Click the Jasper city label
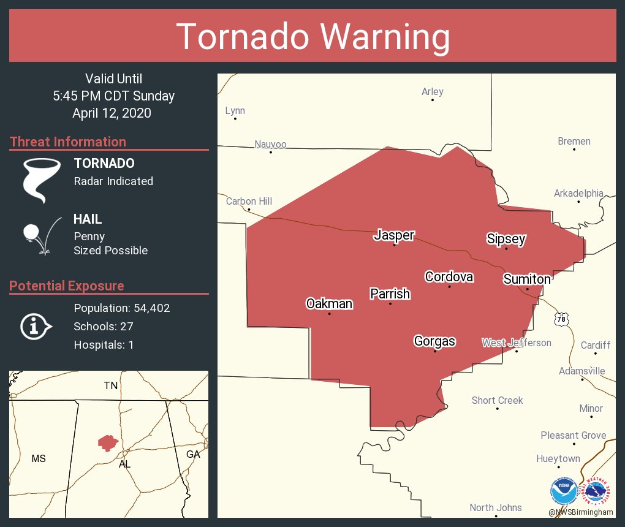[x=394, y=235]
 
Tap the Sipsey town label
[x=506, y=239]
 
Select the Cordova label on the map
[x=449, y=277]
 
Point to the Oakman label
[x=329, y=304]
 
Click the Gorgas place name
[x=434, y=341]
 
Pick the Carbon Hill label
[x=249, y=201]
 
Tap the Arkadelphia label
[x=578, y=194]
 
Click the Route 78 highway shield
[x=561, y=319]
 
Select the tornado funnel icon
[x=42, y=180]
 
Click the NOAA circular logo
[x=563, y=491]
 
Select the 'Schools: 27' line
[x=103, y=326]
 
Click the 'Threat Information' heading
[x=68, y=142]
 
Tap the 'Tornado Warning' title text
[x=312, y=36]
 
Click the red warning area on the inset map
[x=108, y=442]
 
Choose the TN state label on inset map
[x=110, y=385]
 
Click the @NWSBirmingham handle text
[x=581, y=512]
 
